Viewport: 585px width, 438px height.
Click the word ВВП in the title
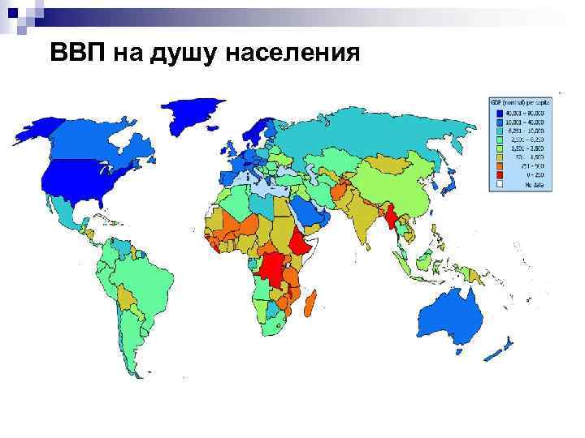(x=77, y=54)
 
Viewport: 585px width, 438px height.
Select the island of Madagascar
(x=310, y=306)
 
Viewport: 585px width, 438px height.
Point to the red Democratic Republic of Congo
(x=276, y=268)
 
